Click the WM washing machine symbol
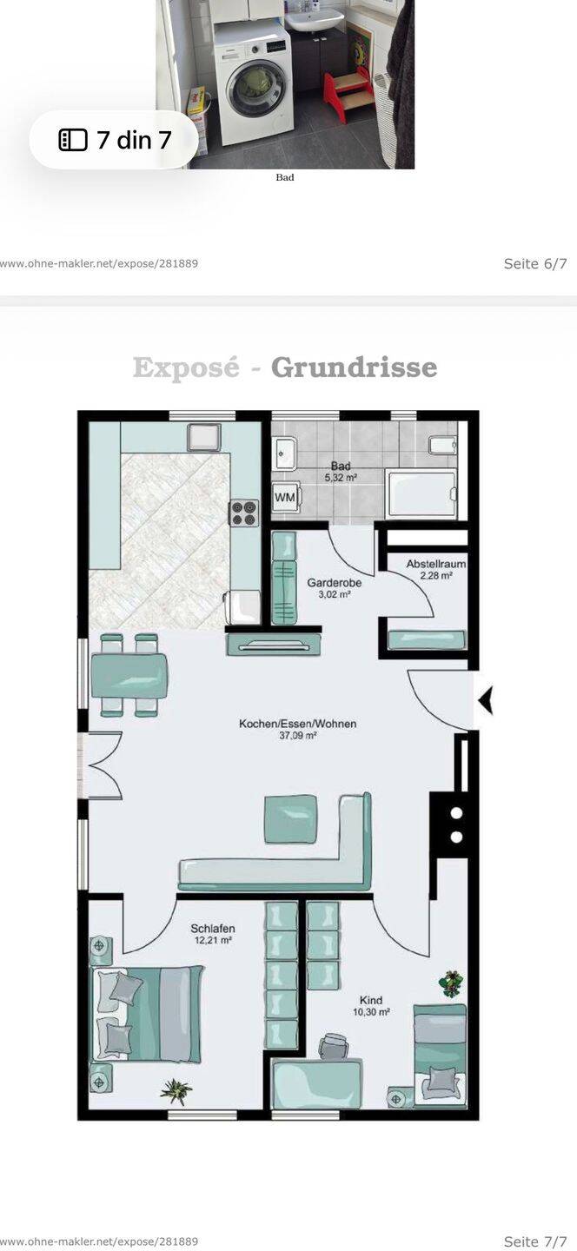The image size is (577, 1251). [285, 497]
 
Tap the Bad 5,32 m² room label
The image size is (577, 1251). [341, 472]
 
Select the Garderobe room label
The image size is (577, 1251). [334, 588]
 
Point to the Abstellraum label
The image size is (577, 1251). [435, 569]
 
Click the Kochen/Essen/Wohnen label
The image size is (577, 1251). [298, 730]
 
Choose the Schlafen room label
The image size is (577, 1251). [212, 934]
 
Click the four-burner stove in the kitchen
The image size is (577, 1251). [245, 513]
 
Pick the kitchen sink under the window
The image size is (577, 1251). [204, 437]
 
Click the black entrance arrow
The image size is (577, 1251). [486, 701]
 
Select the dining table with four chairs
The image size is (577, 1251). [129, 675]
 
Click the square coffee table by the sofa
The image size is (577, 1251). [290, 819]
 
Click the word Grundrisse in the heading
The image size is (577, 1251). [355, 367]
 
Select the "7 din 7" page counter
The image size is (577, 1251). [115, 140]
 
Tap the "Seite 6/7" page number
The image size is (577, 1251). [535, 263]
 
